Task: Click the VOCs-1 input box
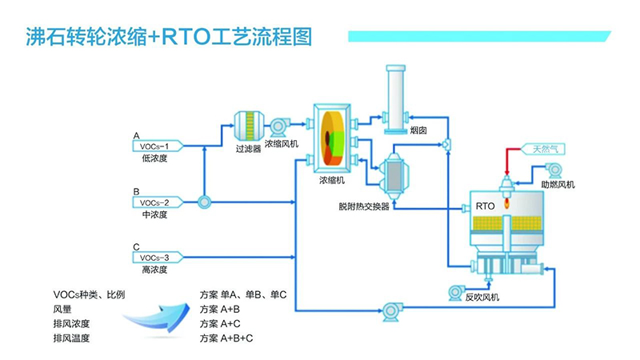click(158, 146)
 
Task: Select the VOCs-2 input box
click(158, 202)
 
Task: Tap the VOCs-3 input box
click(158, 258)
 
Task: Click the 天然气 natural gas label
click(543, 149)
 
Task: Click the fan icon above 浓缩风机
click(279, 126)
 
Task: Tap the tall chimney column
click(395, 99)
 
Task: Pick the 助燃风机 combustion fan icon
click(554, 170)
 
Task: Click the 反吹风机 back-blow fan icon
click(455, 293)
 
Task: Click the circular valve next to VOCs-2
click(204, 202)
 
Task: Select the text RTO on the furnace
click(485, 206)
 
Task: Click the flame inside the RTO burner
click(507, 202)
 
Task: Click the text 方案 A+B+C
click(226, 338)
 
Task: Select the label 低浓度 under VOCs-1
click(154, 158)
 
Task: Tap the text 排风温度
click(71, 338)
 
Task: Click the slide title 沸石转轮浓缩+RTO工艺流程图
click(169, 37)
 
